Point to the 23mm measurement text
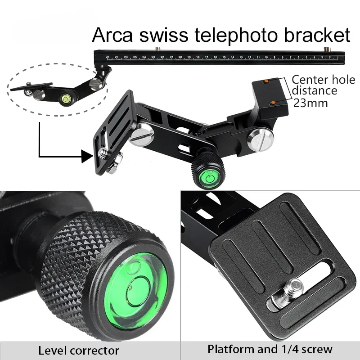(x=310, y=103)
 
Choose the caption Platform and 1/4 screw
(x=270, y=349)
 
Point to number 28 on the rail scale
(x=108, y=57)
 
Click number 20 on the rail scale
(x=180, y=57)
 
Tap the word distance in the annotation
(x=315, y=91)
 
